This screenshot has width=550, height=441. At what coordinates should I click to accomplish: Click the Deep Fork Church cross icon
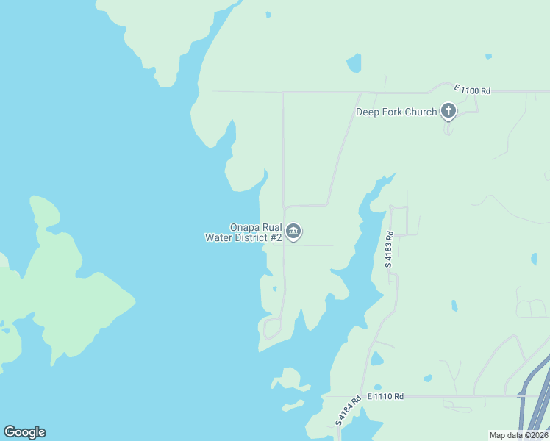[x=448, y=111]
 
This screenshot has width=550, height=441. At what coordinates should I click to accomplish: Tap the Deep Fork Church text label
[x=396, y=112]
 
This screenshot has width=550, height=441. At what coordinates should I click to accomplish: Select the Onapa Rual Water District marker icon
[x=293, y=232]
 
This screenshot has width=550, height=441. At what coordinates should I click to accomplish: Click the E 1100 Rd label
[x=472, y=90]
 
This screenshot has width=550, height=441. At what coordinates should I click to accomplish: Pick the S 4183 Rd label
[x=390, y=248]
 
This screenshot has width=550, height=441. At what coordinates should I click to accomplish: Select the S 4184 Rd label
[x=349, y=411]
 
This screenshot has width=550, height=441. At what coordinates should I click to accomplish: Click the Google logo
[x=24, y=431]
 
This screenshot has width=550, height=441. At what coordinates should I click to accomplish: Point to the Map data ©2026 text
[x=518, y=435]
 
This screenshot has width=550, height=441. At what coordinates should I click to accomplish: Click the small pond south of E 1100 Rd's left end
[x=354, y=63]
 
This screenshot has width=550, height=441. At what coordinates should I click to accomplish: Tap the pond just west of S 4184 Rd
[x=376, y=359]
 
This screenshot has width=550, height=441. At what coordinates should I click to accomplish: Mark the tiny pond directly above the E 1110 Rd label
[x=378, y=387]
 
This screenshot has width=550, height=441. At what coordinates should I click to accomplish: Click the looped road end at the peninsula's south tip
[x=272, y=328]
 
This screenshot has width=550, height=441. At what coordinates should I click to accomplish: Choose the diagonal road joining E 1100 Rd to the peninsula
[x=342, y=147]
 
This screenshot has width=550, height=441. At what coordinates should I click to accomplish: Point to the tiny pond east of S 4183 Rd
[x=454, y=305]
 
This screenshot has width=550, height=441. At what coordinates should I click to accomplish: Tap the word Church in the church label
[x=420, y=112]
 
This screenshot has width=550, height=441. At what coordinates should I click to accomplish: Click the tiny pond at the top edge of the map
[x=268, y=14]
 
